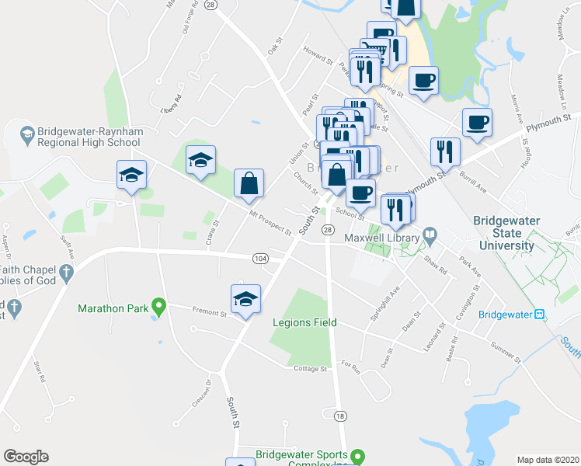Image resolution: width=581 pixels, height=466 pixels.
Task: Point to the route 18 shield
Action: [x=339, y=416]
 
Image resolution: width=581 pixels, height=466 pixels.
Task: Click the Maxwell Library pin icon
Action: [x=430, y=236]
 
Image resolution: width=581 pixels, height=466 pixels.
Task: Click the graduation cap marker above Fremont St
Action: [x=245, y=300]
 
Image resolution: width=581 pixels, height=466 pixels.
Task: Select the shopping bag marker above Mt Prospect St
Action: [x=249, y=185]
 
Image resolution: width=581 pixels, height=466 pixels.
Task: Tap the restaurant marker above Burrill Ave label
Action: [x=444, y=151]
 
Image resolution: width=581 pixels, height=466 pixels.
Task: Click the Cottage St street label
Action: [x=310, y=369]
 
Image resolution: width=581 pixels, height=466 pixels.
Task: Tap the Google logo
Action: [x=26, y=457]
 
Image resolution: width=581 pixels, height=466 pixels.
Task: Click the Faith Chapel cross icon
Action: [x=67, y=273]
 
